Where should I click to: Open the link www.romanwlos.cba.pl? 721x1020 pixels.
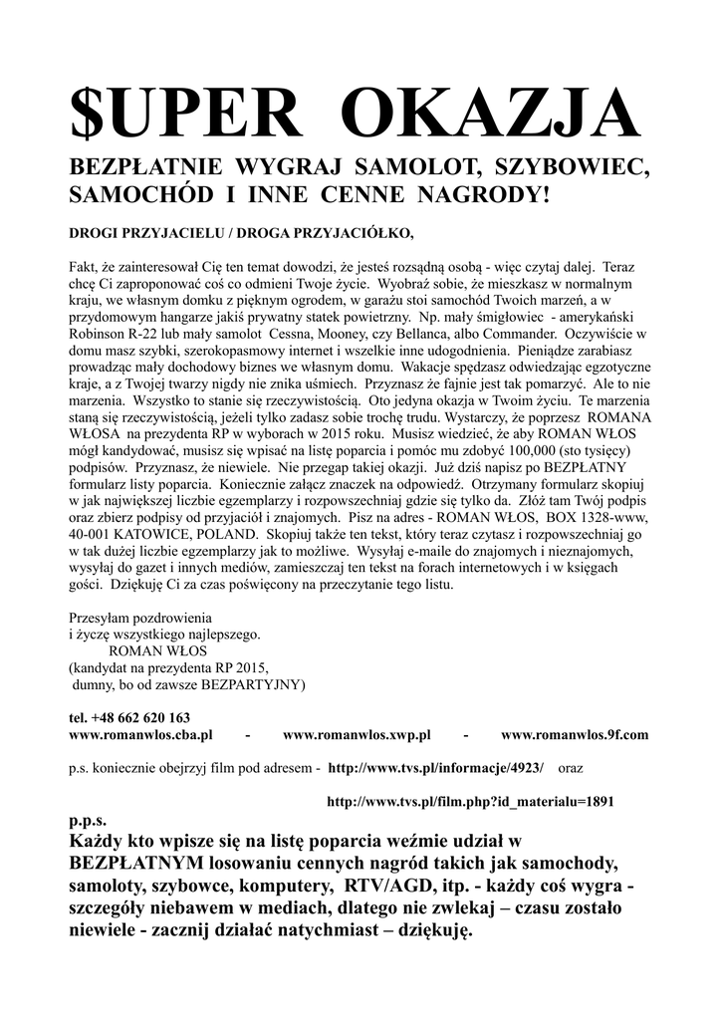tap(140, 735)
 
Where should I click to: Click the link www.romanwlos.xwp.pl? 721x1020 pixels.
tap(356, 735)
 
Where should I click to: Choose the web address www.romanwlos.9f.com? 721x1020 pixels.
tap(574, 735)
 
